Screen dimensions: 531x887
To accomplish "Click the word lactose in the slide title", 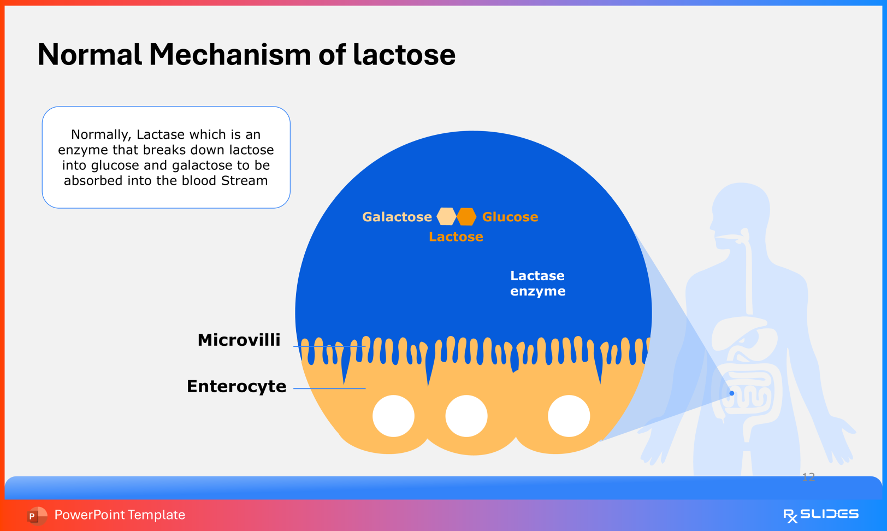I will point(404,55).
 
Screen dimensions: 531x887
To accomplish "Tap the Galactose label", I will point(397,217).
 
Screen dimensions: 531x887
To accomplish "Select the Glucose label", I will point(510,217).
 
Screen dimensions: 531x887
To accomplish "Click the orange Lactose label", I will point(456,237).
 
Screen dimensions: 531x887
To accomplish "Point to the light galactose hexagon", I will point(447,217).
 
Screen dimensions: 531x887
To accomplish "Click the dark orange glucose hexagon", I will point(466,217).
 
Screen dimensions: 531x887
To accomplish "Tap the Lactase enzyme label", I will point(537,283).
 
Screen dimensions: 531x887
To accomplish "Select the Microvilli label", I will point(239,340).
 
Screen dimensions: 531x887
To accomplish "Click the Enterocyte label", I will point(236,386).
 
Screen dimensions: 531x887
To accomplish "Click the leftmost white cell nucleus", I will point(393,416).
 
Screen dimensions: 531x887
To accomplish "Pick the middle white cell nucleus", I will point(466,416).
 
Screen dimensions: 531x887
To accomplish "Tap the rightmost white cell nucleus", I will point(569,416).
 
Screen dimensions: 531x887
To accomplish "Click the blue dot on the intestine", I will point(732,393).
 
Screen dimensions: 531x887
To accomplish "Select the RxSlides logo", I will point(820,515).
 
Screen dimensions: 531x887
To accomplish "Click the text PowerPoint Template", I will point(120,515).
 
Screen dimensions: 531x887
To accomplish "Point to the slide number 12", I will point(808,477).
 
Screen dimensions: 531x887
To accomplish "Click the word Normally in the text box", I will point(101,135).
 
